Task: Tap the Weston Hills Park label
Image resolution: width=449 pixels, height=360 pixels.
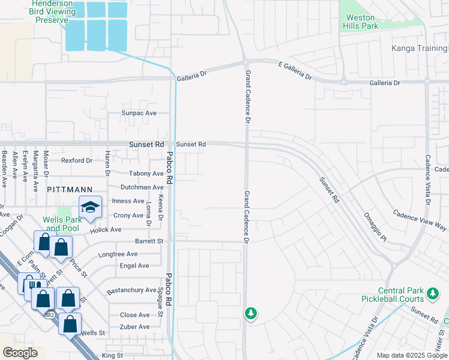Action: [360, 22]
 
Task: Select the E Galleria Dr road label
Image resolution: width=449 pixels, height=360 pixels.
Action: [295, 72]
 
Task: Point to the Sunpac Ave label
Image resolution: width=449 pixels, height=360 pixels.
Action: [139, 113]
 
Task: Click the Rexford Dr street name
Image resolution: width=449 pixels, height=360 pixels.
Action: [77, 161]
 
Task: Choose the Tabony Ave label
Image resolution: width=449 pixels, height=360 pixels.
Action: [142, 174]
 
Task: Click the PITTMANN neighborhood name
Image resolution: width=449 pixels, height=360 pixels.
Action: [68, 189]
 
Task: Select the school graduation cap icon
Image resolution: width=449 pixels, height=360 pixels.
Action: [90, 208]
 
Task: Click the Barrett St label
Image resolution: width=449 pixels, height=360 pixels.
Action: [149, 241]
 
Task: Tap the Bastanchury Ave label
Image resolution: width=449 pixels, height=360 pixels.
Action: [131, 291]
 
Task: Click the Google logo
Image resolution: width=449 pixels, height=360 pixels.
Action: [20, 353]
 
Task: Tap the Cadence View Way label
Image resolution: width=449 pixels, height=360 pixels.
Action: [420, 220]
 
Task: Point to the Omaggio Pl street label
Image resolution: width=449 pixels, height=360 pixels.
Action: [376, 227]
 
